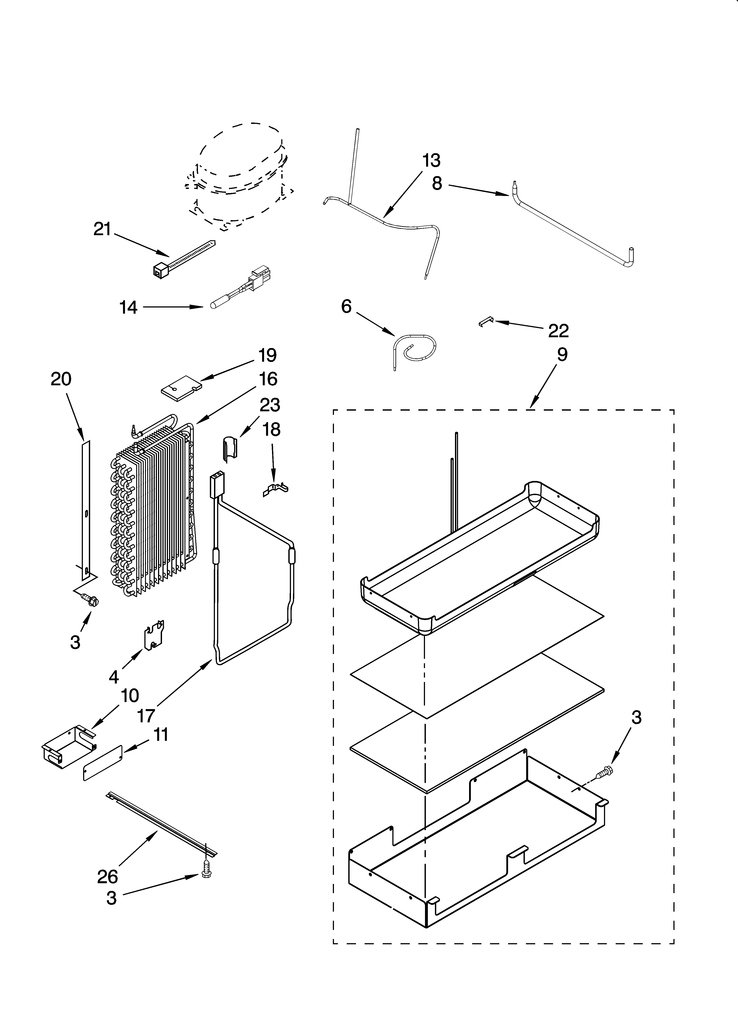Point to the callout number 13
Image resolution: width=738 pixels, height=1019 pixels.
431,160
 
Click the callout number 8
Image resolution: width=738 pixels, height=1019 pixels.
437,183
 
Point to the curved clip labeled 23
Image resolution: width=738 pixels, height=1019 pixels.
230,448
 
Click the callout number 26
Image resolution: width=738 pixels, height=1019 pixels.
107,876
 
